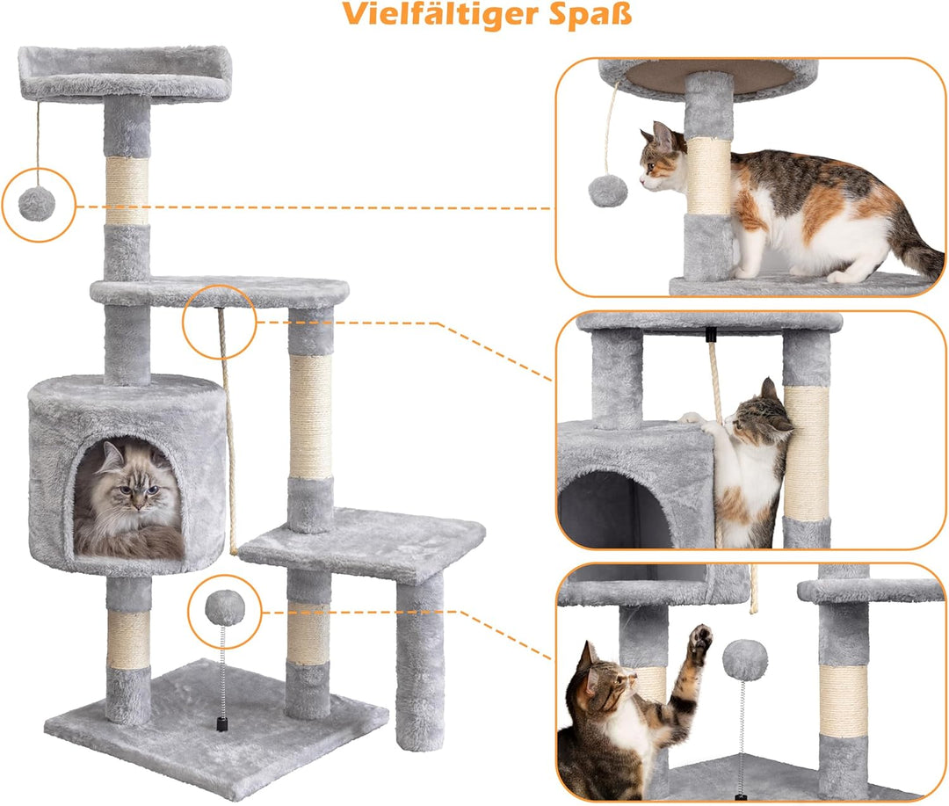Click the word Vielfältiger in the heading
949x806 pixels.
click(x=443, y=15)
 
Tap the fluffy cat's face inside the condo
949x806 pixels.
click(x=130, y=488)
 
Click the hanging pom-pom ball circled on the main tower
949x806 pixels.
click(x=37, y=204)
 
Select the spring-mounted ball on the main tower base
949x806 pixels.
click(x=223, y=607)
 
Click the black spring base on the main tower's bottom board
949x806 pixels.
click(x=222, y=722)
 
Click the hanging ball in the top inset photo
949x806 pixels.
click(x=605, y=190)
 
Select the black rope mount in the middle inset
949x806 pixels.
click(x=711, y=335)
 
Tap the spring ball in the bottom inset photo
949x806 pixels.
click(x=744, y=659)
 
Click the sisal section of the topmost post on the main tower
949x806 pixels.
click(x=127, y=191)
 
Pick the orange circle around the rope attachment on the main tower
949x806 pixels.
click(x=219, y=322)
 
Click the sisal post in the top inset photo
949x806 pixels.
click(x=709, y=176)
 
